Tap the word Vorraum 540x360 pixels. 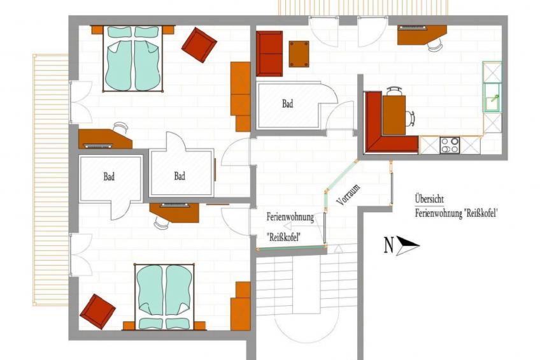pos(349,194)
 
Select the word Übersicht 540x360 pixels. pos(429,199)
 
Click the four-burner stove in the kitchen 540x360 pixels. pos(450,145)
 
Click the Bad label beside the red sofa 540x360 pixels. pos(288,103)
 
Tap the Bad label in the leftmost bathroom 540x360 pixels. pos(109,177)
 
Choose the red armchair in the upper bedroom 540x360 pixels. pos(199,45)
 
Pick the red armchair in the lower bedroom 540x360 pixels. pos(97,312)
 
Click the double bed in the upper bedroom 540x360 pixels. pos(132,59)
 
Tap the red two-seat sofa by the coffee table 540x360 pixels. pos(269,54)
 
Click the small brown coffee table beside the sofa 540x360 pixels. pos(299,54)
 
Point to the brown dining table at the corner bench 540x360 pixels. pos(394,115)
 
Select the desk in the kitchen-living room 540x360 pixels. pos(422,35)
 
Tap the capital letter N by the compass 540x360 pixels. pos(388,245)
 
